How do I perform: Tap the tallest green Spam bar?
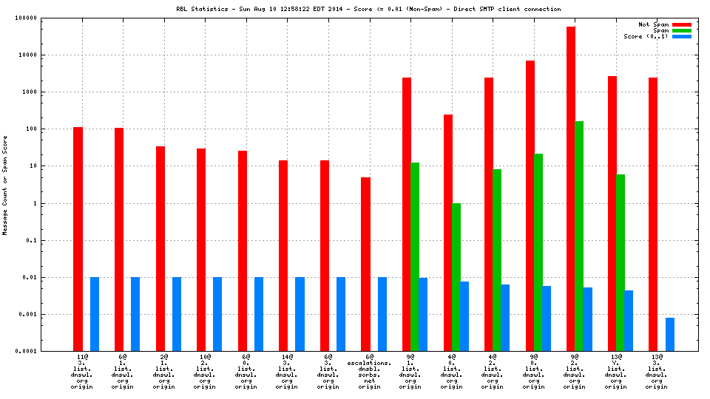[x=579, y=236]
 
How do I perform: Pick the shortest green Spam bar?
[x=456, y=277]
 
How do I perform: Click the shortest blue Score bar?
[x=670, y=334]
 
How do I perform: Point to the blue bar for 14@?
[x=300, y=314]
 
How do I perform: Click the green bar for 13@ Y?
[x=621, y=262]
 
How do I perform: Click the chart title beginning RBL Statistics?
[x=368, y=9]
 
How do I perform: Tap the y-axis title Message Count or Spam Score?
[x=5, y=185]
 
